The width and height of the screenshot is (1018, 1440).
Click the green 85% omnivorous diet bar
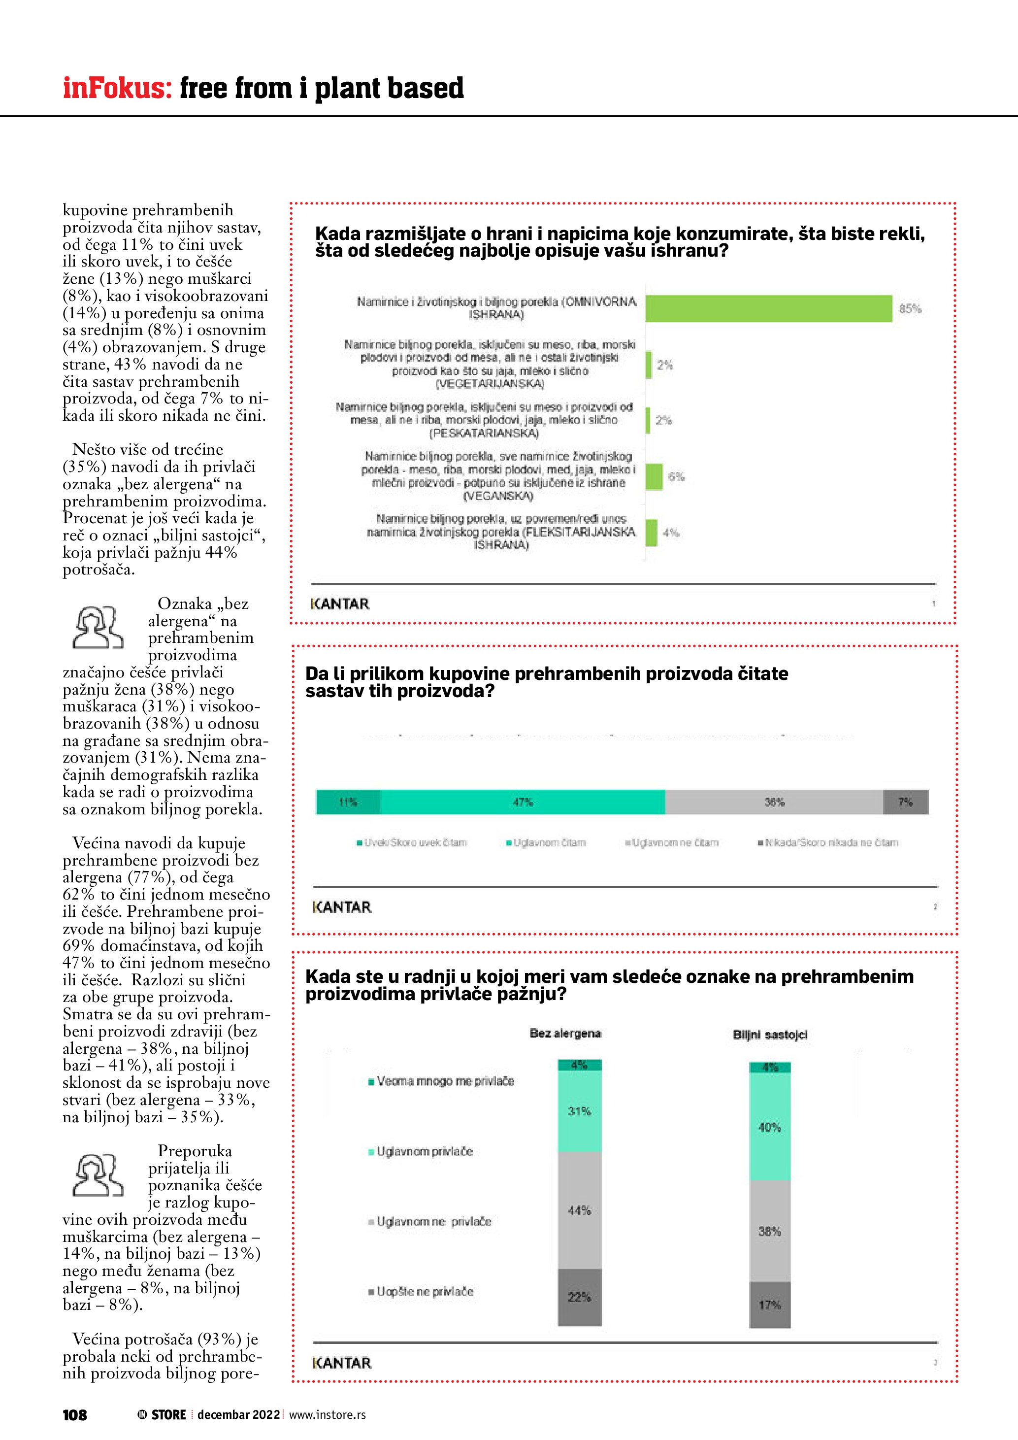tap(768, 308)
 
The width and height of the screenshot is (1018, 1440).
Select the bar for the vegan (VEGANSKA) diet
tap(654, 477)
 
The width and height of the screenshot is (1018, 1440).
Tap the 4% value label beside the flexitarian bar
tap(671, 533)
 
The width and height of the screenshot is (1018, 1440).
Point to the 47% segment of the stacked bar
tap(523, 802)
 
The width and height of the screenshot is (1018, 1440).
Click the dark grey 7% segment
tap(905, 802)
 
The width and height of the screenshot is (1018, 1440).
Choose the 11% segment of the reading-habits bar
tap(348, 802)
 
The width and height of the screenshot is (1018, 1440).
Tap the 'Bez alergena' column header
tap(565, 1033)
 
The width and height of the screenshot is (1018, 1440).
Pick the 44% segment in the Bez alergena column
tap(579, 1210)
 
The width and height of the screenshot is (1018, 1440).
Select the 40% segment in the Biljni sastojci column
tap(770, 1127)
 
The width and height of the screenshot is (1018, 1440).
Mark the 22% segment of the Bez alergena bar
tap(579, 1297)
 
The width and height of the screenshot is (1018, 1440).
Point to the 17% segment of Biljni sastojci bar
tap(770, 1305)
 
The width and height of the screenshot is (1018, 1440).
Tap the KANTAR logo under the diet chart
tap(340, 604)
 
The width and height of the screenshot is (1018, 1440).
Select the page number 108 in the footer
tap(74, 1415)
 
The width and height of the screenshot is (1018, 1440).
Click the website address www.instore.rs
tap(327, 1415)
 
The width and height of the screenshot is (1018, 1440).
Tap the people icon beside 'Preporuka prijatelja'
tap(98, 1176)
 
